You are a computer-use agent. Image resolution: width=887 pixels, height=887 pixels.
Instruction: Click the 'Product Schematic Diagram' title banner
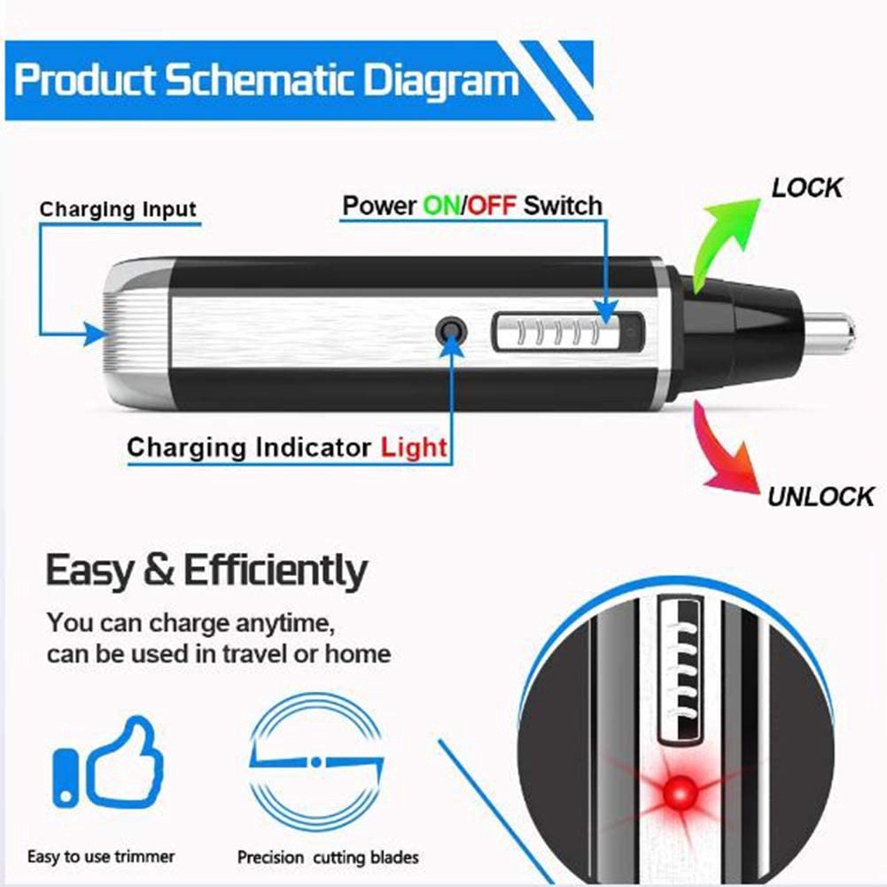click(266, 80)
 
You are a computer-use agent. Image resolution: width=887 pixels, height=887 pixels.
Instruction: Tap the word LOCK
click(806, 188)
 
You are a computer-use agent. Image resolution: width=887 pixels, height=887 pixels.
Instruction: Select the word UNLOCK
click(821, 495)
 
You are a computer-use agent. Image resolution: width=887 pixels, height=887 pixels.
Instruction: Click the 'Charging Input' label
click(118, 210)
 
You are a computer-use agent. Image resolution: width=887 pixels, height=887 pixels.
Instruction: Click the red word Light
click(414, 447)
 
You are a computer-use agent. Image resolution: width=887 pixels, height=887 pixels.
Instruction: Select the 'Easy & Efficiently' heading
click(206, 571)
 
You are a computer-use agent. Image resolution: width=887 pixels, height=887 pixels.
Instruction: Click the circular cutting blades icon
click(315, 760)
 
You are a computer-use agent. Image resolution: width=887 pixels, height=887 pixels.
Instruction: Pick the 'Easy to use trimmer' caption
click(101, 857)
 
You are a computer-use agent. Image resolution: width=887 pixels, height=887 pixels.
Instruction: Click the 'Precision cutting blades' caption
click(328, 858)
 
